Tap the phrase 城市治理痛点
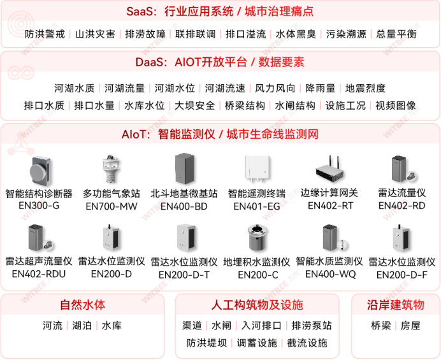pos(279,11)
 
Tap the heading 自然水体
pos(82,305)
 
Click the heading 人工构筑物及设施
pos(257,305)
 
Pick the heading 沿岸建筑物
pos(395,305)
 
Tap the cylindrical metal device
pos(258,237)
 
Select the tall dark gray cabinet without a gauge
pos(184,168)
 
